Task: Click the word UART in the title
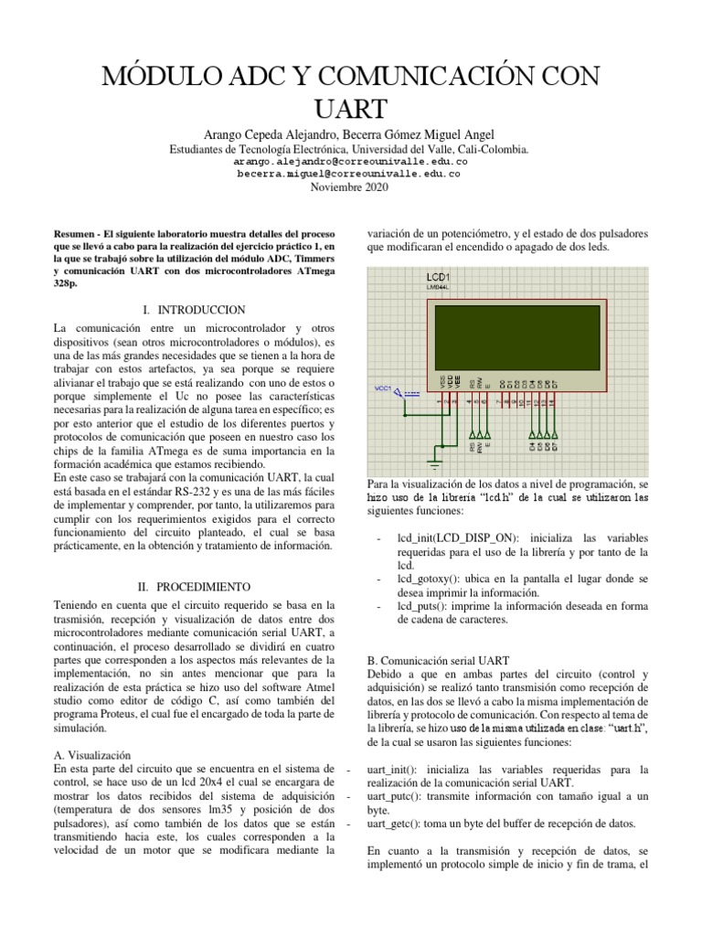(x=350, y=108)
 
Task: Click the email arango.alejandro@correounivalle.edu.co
(x=350, y=160)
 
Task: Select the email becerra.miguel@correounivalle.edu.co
(x=350, y=173)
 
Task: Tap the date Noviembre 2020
(x=350, y=187)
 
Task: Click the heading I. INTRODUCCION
(x=193, y=310)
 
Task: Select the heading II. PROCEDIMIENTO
(x=192, y=586)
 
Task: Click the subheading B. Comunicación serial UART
(x=438, y=659)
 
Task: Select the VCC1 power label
(x=382, y=389)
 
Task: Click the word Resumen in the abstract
(x=75, y=233)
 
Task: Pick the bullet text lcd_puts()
(x=422, y=605)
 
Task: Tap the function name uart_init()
(x=394, y=769)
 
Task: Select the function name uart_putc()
(x=395, y=796)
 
